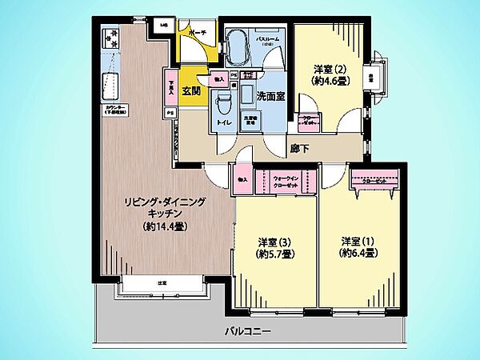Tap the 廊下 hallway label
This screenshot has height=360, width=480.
(300, 147)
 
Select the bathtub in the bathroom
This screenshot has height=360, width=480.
(238, 51)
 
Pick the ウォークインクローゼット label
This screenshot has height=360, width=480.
(286, 180)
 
